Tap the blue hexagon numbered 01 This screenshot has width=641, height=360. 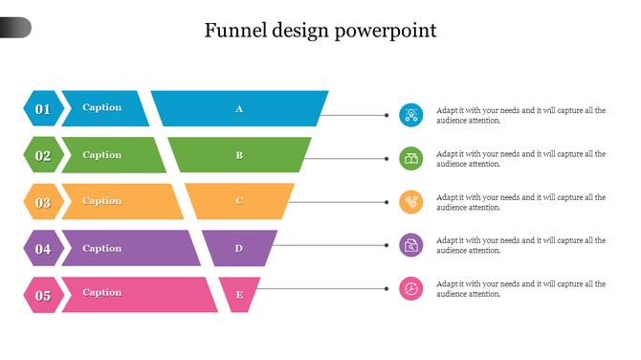43,109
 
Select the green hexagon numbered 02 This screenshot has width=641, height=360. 43,155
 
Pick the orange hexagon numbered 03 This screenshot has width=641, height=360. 43,202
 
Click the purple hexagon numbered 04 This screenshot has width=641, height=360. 43,249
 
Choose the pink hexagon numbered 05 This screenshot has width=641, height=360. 43,295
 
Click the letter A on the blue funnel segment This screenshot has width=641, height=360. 239,108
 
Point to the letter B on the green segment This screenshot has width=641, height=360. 239,155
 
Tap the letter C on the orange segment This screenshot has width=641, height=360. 239,201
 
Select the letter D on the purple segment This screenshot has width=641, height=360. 239,248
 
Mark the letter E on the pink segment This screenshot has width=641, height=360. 239,295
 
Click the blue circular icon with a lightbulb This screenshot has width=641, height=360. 410,115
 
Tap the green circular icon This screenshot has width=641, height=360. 410,158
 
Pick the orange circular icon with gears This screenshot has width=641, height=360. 410,202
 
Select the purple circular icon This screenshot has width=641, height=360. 410,245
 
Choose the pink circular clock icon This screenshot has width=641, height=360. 410,288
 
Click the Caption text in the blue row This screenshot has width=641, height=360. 102,107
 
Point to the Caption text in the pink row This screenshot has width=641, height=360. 102,293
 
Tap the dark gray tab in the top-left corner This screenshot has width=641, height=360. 15,28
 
